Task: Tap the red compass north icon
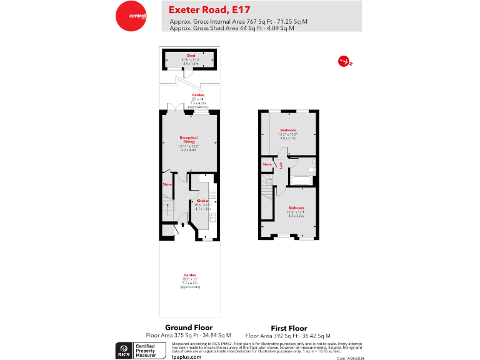point(342,61)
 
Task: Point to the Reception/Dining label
point(189,139)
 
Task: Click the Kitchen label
point(202,201)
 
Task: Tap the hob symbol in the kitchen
point(212,194)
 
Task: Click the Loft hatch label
point(282,166)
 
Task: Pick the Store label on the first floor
point(267,164)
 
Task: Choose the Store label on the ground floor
point(167,184)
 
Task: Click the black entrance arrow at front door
point(182,224)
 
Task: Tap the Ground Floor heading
point(188,327)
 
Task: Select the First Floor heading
point(288,327)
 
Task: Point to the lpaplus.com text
point(186,356)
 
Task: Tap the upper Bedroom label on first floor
point(288,130)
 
